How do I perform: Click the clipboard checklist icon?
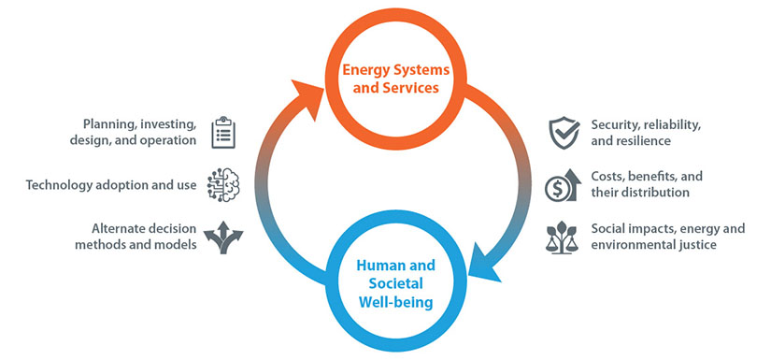[x=222, y=133]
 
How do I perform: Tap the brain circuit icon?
[x=222, y=184]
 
